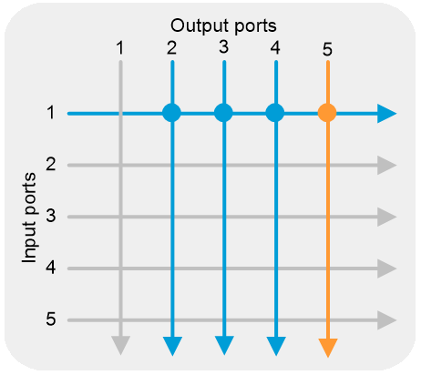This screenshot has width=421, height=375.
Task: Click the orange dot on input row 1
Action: pyautogui.click(x=327, y=113)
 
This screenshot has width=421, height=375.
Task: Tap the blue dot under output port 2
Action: pyautogui.click(x=172, y=113)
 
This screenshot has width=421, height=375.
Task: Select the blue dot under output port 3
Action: pyautogui.click(x=223, y=113)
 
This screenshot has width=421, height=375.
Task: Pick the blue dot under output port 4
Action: pyautogui.click(x=275, y=113)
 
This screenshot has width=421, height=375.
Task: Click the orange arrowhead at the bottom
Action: pyautogui.click(x=328, y=348)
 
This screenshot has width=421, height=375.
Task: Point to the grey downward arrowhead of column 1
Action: pyautogui.click(x=121, y=345)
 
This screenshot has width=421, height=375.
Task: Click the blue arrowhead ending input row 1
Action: pyautogui.click(x=386, y=114)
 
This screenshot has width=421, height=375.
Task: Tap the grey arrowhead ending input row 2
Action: pyautogui.click(x=386, y=166)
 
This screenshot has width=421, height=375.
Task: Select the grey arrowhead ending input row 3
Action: pyautogui.click(x=386, y=217)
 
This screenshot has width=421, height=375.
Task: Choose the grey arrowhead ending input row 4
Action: pyautogui.click(x=386, y=269)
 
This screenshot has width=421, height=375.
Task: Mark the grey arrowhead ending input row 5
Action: pyautogui.click(x=386, y=320)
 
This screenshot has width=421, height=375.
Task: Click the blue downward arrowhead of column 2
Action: pyautogui.click(x=172, y=346)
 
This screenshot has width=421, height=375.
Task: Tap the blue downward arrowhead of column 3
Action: pyautogui.click(x=224, y=345)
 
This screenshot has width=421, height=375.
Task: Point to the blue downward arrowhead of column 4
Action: pyautogui.click(x=276, y=346)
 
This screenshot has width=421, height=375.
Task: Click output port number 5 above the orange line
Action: pyautogui.click(x=327, y=50)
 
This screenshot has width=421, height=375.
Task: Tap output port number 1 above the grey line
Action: pyautogui.click(x=120, y=48)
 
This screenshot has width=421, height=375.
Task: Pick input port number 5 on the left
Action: pyautogui.click(x=51, y=319)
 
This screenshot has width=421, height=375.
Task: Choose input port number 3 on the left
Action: pyautogui.click(x=51, y=216)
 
